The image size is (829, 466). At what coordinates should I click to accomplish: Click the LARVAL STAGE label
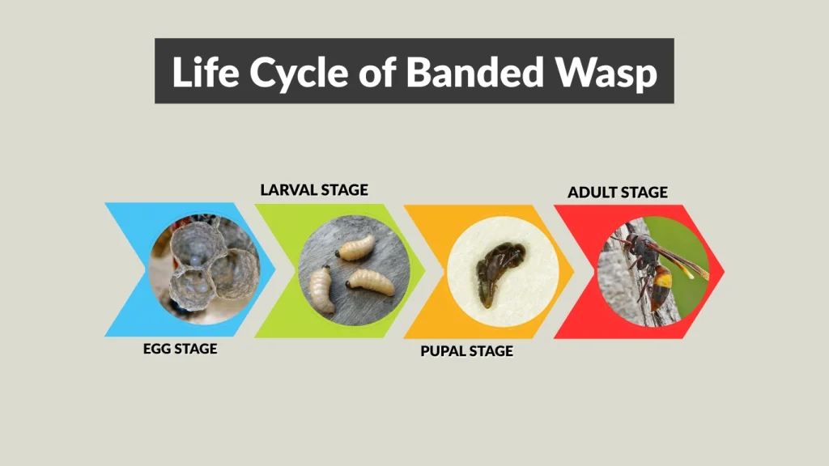click(314, 190)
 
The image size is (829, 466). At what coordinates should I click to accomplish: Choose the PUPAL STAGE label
click(466, 351)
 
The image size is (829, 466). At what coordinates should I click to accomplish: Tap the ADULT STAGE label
click(618, 193)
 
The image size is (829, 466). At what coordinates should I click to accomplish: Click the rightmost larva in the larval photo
click(372, 282)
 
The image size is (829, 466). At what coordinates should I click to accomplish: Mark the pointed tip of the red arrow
click(724, 271)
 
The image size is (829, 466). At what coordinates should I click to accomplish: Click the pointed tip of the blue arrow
click(275, 270)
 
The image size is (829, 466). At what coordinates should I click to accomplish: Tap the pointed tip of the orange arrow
click(574, 271)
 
